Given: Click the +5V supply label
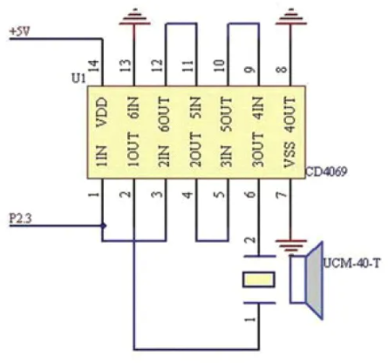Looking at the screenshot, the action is coord(20,31).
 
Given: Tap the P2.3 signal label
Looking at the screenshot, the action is coord(20,218).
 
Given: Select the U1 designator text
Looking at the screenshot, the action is coord(78,78).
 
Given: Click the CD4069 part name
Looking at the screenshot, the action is coord(326,171).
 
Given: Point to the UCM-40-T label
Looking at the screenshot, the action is coord(351,264).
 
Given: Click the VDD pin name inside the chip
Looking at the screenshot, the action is coord(102,112).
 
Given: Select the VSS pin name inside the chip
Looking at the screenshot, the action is coord(289,155).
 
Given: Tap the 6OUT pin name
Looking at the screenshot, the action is coord(165,115).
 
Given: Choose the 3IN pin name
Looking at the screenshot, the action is coord(228,156).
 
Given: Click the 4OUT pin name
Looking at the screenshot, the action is coord(290,115).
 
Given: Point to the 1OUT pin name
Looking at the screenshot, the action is coord(133,150).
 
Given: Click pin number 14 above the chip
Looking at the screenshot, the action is coord(95,65).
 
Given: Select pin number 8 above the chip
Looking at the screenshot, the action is coord(282,70).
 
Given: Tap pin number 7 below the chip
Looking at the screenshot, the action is coord(282,195).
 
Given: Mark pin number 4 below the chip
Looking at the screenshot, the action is coord(188,194).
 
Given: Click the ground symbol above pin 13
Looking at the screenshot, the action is coord(134,17).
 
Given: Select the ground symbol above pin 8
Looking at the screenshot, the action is coord(290,17).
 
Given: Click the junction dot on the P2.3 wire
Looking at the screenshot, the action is coord(103,225).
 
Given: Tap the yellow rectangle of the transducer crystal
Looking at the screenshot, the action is coord(258,279).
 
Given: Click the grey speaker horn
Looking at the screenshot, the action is coord(315,280).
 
